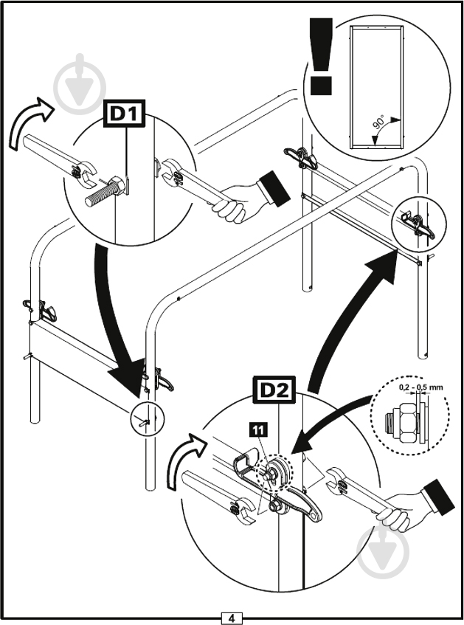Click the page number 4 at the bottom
[x=232, y=617]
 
